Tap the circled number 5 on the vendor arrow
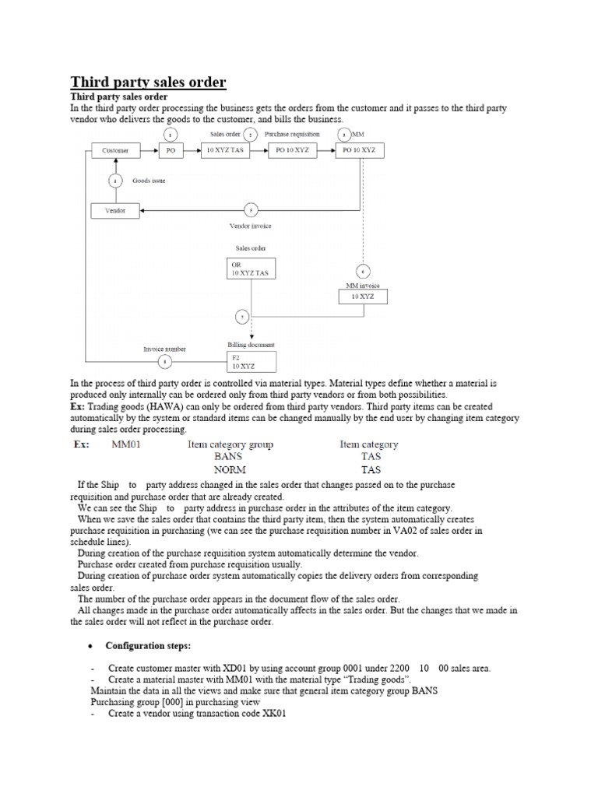click(250, 209)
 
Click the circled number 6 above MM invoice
click(362, 272)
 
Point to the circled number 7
click(242, 317)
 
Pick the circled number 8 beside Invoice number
click(164, 361)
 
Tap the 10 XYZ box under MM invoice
click(362, 297)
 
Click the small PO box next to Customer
click(172, 150)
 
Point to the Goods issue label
click(148, 181)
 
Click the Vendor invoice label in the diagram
click(250, 226)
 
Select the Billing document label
click(251, 344)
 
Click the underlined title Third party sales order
click(148, 82)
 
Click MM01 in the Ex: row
click(125, 444)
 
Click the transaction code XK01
click(273, 713)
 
